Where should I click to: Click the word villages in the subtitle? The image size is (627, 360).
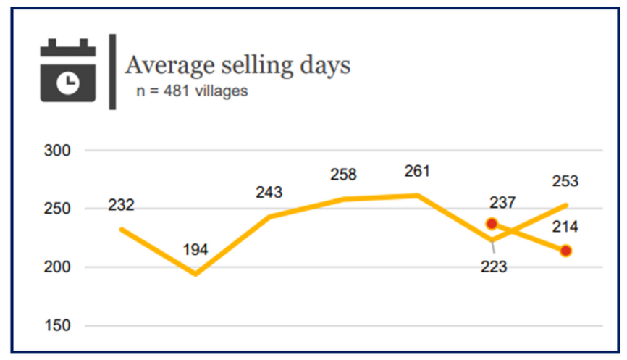coord(223,92)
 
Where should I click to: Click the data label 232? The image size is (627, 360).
coord(121,206)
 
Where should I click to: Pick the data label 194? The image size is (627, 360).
coord(195,250)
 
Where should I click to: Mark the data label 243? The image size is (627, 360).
coord(269,193)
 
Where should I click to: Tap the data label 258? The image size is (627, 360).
coord(343,175)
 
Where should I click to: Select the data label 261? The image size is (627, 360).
coord(417,172)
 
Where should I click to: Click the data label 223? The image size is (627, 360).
coord(494,267)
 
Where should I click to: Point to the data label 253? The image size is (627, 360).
coord(565,182)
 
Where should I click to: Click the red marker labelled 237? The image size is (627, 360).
coord(492,224)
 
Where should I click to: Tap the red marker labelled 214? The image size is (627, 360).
coord(565,251)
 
